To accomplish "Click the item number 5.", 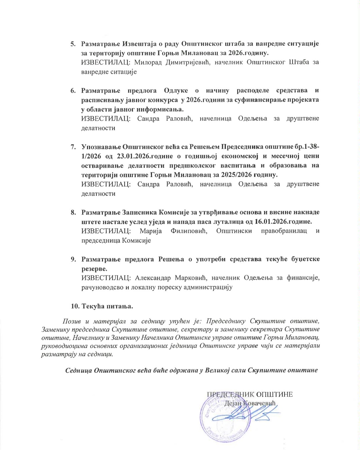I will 73,44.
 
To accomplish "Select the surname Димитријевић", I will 188,62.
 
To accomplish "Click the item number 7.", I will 73,147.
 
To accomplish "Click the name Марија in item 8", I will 151,231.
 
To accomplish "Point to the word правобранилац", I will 284,231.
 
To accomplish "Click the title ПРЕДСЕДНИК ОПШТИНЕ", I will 250,395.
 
